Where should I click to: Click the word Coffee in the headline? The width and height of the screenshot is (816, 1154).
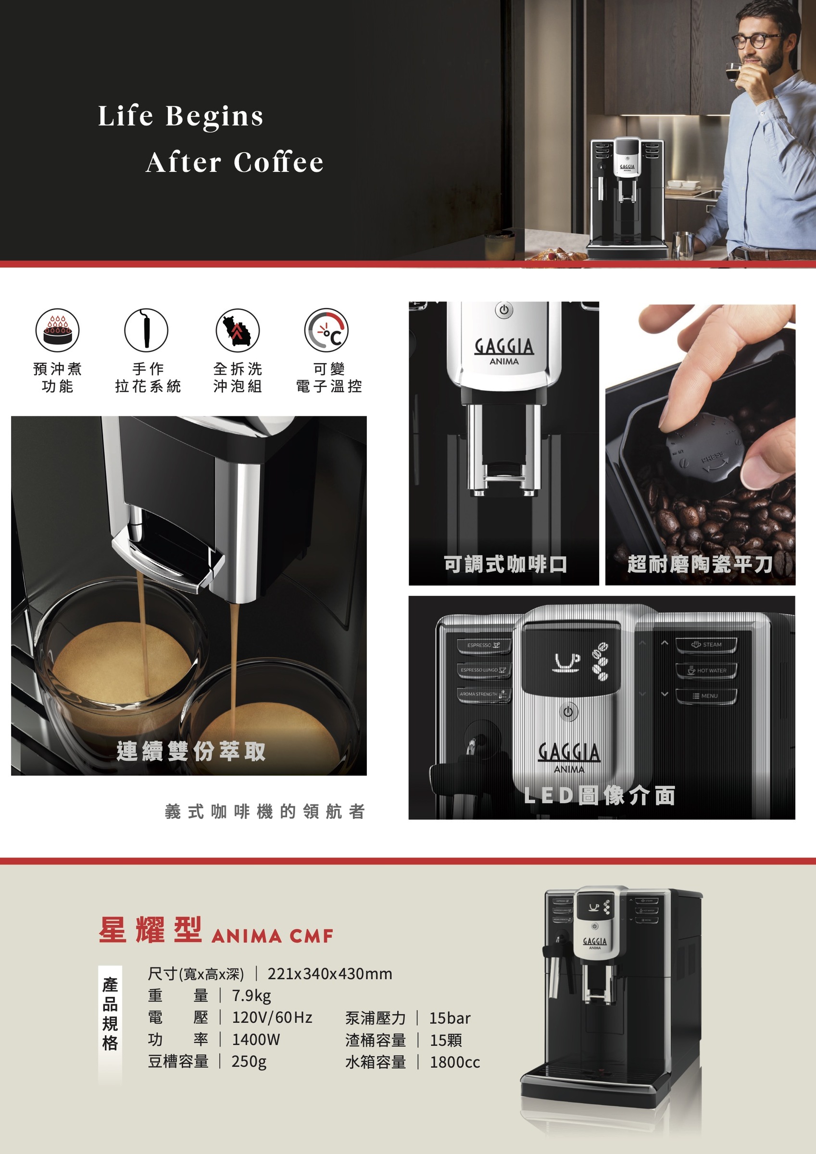coord(278,163)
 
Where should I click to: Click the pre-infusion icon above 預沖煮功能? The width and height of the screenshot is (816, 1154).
coord(57,330)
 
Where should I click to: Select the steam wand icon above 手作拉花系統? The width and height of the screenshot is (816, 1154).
coord(146,330)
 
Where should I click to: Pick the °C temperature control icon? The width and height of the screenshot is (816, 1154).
coord(326,330)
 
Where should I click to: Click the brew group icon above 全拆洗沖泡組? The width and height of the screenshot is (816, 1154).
coord(238,330)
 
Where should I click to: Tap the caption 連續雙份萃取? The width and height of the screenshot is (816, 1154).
coord(191,751)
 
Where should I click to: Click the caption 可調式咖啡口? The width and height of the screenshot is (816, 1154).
coord(505,564)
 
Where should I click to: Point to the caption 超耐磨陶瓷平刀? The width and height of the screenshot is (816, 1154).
coord(700,564)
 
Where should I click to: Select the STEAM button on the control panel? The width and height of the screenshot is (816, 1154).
coord(706,645)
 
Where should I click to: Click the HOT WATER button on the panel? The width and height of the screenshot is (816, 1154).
coord(706,670)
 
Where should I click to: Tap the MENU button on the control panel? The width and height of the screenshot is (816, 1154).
coord(706,696)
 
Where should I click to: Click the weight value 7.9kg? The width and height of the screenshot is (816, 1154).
coord(251,995)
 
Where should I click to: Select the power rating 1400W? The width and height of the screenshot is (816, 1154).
coord(255,1039)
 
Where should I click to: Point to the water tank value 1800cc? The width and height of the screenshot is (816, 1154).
coord(454,1062)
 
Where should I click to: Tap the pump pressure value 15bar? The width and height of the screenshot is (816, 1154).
coord(450,1018)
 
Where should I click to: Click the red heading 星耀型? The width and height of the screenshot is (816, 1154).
coord(151,929)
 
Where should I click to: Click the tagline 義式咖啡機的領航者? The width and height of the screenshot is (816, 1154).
coord(265,811)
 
